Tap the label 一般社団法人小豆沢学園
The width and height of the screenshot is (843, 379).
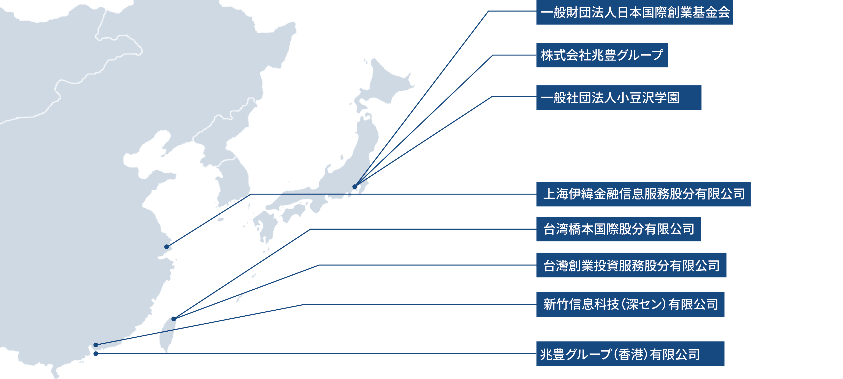click(618, 98)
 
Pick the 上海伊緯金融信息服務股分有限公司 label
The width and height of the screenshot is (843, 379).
click(643, 194)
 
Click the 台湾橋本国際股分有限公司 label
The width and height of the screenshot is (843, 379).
click(618, 229)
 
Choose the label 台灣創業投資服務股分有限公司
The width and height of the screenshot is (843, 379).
click(631, 265)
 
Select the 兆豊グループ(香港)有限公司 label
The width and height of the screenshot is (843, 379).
click(630, 354)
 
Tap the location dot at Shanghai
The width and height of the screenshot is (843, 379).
click(167, 247)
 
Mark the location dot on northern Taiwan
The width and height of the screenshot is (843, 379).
click(174, 319)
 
